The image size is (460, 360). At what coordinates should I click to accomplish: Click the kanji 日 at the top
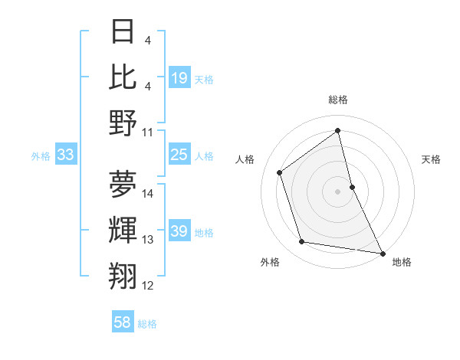pos(123,33)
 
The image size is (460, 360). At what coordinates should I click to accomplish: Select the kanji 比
pos(123,77)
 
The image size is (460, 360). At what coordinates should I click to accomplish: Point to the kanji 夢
pos(123,183)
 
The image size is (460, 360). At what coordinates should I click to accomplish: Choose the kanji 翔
pos(123,275)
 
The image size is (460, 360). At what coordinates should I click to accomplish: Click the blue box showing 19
pos(179,78)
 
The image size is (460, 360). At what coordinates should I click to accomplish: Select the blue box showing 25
pos(179,155)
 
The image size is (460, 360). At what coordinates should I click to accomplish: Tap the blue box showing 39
pos(179,232)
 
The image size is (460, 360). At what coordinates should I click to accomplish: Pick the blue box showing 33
pos(66,155)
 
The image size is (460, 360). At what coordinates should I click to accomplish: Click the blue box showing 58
pos(123,322)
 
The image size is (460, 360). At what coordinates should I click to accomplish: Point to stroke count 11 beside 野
pos(148,132)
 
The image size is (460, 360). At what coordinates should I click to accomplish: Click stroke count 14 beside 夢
pos(148,193)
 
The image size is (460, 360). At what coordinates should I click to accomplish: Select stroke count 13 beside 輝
pos(148,240)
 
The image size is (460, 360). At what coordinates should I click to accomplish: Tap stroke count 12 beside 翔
pos(148,286)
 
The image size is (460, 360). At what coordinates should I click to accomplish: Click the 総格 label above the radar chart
pos(338,100)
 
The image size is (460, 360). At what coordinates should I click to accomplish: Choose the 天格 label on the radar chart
pos(431,159)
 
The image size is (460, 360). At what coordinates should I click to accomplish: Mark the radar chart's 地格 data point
pos(382,253)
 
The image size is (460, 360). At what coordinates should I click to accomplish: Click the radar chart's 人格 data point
pos(280,172)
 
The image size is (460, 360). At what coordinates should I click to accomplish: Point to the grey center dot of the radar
pos(338,191)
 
